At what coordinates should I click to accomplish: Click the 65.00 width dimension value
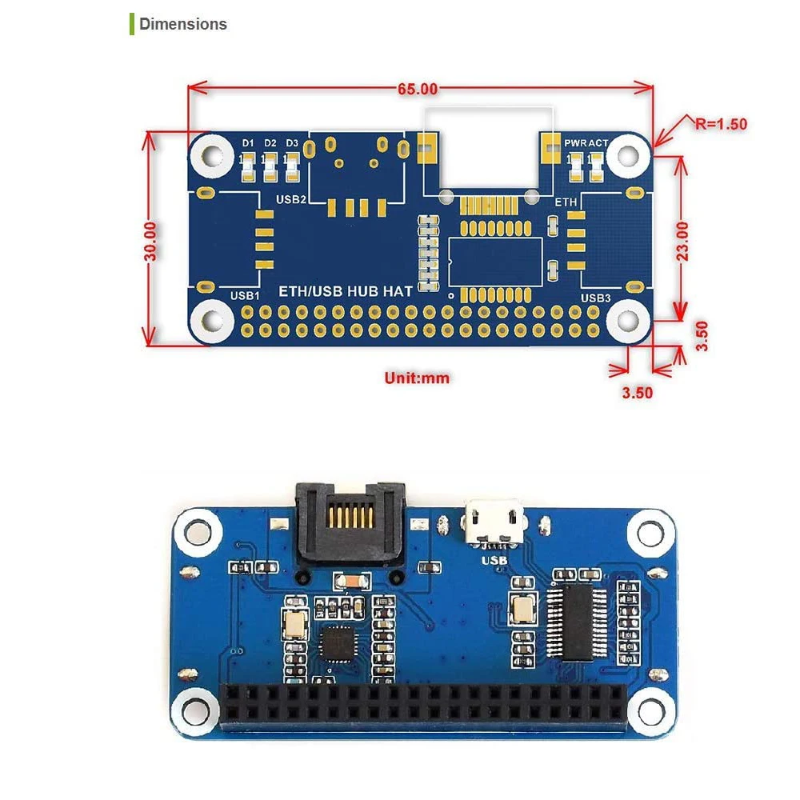click(x=418, y=90)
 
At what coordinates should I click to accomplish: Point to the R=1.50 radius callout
click(x=720, y=123)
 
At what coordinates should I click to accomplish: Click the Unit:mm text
click(x=417, y=378)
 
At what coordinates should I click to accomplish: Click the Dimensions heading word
click(x=183, y=24)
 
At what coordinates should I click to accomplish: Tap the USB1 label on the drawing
click(x=245, y=295)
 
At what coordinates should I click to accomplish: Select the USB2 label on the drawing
click(x=290, y=199)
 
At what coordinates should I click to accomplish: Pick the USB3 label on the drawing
click(x=595, y=298)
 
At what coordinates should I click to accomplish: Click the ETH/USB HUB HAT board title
click(x=345, y=291)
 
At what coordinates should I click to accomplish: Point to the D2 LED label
click(x=270, y=143)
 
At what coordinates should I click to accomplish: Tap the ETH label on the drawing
click(x=566, y=203)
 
